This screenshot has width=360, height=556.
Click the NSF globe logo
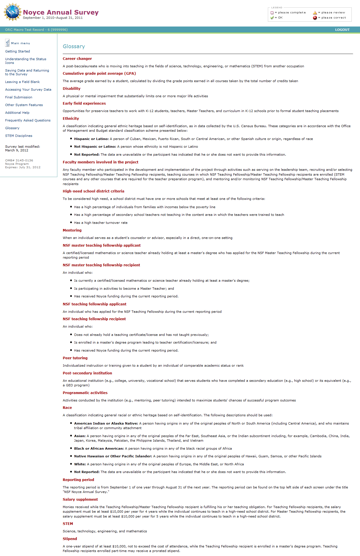point(13,12)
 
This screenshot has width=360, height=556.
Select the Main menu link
point(20,43)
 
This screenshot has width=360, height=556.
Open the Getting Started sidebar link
point(17,51)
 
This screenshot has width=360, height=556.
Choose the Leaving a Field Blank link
point(22,82)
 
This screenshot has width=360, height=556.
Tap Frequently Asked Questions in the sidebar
point(28,120)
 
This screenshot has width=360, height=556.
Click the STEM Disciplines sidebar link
point(19,136)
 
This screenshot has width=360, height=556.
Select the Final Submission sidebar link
point(19,97)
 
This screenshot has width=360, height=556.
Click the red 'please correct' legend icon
point(315,18)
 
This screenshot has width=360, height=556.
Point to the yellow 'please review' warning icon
point(315,13)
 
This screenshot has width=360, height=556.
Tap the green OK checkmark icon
point(272,18)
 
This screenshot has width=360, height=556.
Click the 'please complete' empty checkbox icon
point(272,13)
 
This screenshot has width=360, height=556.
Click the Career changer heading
point(77,59)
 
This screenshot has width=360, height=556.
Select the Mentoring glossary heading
point(72,230)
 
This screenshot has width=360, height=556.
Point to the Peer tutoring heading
point(75,358)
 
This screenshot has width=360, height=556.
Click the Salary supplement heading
point(80,500)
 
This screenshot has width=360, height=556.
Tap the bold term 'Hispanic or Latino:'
point(91,139)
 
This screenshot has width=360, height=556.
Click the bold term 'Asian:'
point(80,436)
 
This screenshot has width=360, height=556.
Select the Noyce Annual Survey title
point(61,12)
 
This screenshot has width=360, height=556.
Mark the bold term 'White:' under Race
point(80,464)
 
